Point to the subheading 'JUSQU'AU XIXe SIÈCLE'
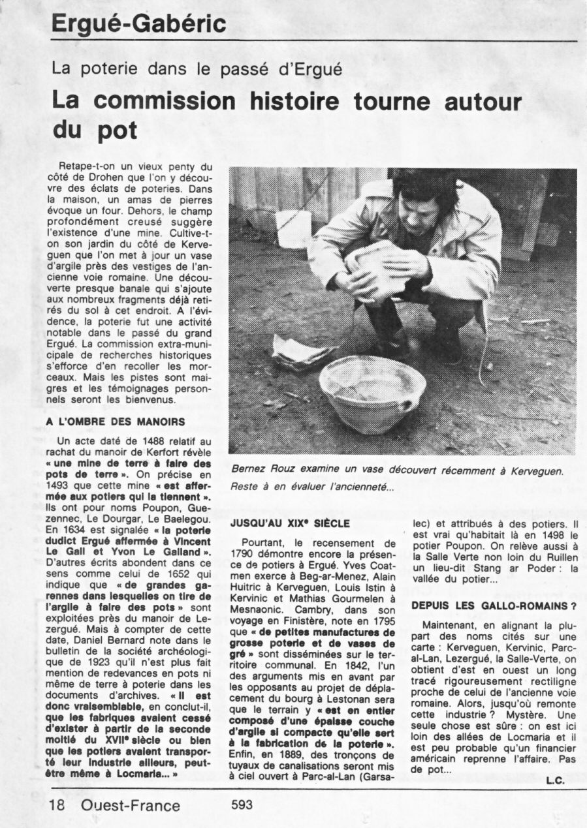pos(290,523)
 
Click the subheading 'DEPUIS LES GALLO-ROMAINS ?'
pos(493,606)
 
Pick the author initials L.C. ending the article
pos(554,780)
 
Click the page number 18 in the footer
pos(57,805)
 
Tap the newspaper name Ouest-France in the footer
pos(131,805)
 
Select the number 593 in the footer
pos(242,805)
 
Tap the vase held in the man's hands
pos(375,268)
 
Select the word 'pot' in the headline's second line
pos(115,130)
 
